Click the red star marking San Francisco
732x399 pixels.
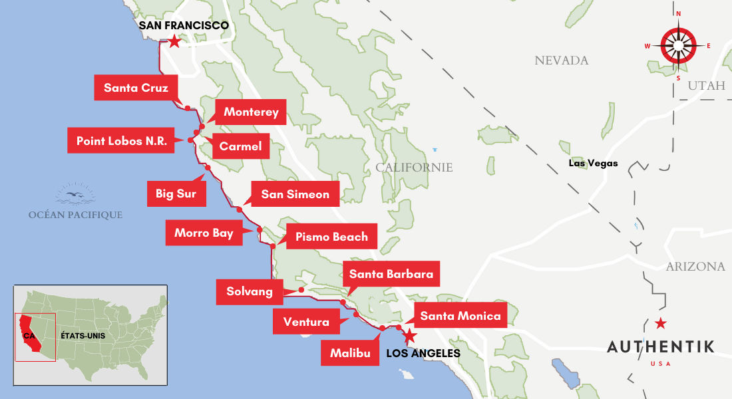point(174,42)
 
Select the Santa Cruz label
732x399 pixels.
point(136,88)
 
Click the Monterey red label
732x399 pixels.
point(251,112)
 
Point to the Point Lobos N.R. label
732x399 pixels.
point(121,141)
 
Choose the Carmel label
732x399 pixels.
point(241,146)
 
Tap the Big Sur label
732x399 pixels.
point(176,194)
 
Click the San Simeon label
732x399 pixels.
point(295,194)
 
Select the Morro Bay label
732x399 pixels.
point(204,233)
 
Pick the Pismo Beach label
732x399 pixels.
point(331,237)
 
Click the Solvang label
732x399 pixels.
point(250,292)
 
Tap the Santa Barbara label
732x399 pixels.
point(391,274)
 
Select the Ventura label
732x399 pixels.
point(306,322)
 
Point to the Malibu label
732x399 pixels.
point(350,353)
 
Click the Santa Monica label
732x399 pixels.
point(460,316)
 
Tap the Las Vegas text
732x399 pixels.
point(593,163)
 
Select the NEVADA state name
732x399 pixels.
point(562,61)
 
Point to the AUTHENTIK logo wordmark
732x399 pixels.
point(661,346)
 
